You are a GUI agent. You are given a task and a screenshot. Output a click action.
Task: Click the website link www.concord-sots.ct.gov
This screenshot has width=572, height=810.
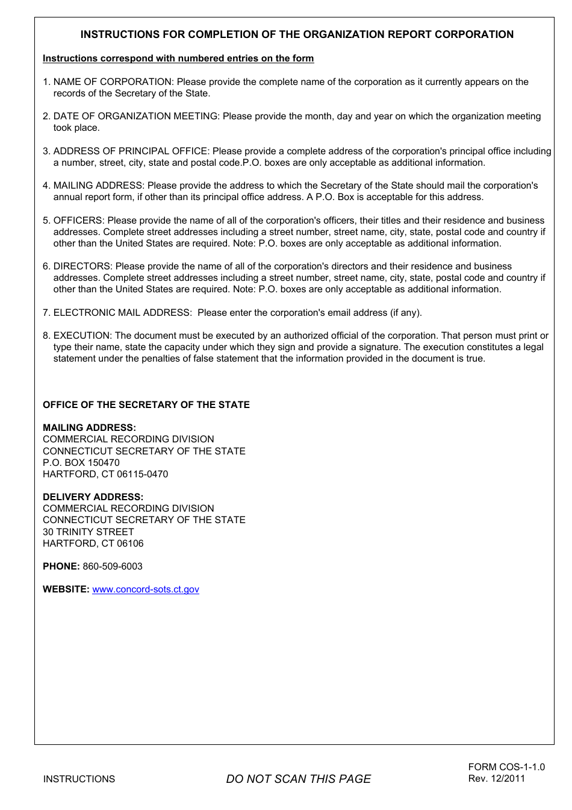(146, 589)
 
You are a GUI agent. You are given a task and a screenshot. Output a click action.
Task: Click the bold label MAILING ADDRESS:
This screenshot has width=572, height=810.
(89, 428)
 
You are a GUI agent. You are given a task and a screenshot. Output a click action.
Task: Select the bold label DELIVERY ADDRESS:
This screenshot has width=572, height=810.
(93, 497)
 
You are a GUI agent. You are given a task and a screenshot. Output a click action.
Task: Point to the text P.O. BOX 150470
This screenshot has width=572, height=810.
(81, 463)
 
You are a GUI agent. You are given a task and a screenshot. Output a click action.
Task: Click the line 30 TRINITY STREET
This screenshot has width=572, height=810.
(89, 532)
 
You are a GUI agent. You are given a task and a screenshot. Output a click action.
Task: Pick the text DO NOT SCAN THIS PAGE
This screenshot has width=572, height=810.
(298, 779)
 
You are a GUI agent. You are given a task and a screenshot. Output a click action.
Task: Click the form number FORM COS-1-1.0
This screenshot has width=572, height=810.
(506, 767)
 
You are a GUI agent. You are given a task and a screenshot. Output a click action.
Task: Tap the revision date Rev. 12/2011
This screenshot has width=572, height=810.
(497, 779)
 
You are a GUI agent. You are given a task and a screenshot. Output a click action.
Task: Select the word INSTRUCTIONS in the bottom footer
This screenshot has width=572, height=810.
(79, 779)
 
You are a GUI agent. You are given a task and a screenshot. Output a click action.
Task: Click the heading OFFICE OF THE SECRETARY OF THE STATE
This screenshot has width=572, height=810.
(146, 405)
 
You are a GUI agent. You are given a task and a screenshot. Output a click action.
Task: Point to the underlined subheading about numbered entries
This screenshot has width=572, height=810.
(178, 58)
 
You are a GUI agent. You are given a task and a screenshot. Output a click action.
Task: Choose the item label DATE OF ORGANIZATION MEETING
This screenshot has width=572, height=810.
(135, 116)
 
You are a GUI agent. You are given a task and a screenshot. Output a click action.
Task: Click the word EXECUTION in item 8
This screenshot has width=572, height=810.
(82, 336)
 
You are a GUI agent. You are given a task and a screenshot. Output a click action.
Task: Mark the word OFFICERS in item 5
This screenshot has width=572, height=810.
(78, 221)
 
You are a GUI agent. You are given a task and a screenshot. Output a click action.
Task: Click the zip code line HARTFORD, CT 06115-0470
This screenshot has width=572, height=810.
(105, 474)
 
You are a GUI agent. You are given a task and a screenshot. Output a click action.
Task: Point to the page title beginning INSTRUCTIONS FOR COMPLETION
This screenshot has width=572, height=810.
(297, 34)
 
